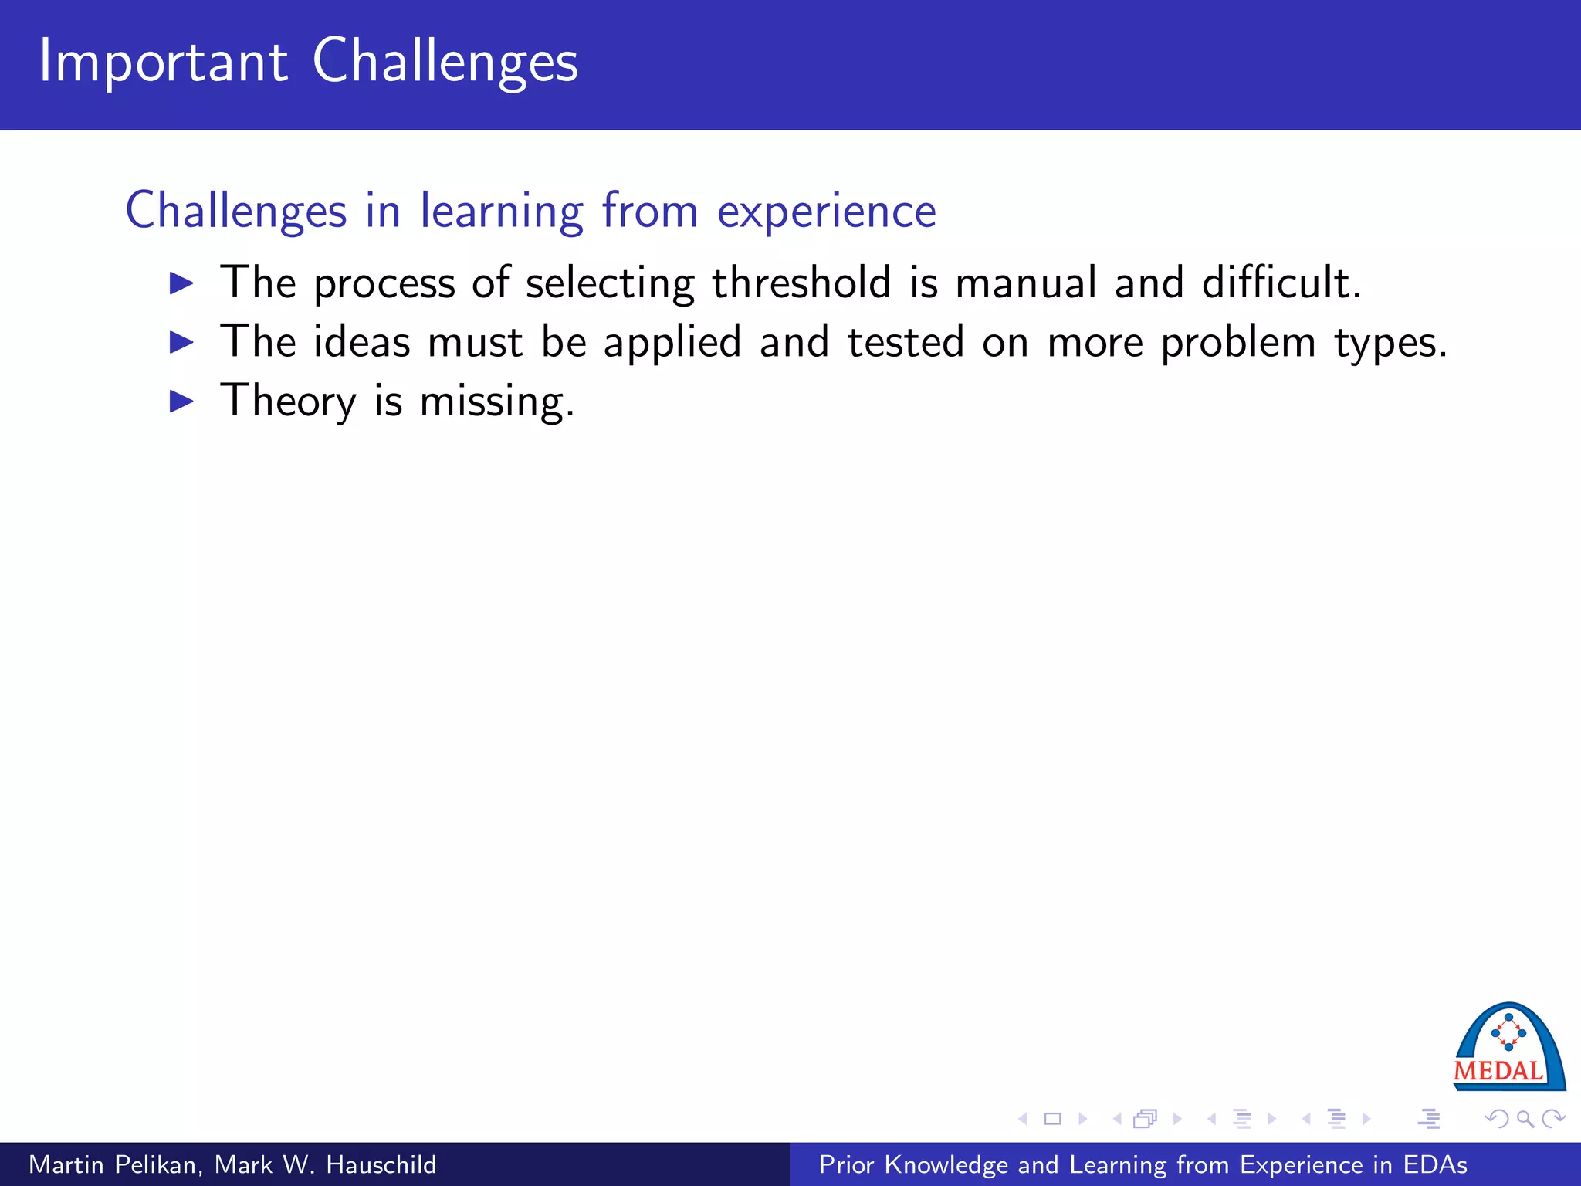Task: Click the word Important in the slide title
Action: (x=163, y=62)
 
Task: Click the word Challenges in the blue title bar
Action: (x=445, y=62)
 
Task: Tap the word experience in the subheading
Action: (x=826, y=211)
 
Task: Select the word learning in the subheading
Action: (x=501, y=211)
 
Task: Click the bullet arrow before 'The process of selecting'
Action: (x=181, y=283)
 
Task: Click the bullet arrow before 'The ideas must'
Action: (x=181, y=342)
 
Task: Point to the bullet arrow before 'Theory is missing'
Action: (x=181, y=402)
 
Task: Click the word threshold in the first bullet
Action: (x=801, y=282)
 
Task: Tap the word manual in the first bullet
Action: (x=1026, y=282)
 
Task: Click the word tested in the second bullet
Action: (x=906, y=342)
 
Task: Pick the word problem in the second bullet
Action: (x=1238, y=342)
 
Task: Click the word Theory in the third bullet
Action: (x=288, y=402)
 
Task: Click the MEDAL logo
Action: (x=1508, y=1047)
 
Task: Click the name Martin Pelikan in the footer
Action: (x=116, y=1164)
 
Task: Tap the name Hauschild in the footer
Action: (x=381, y=1164)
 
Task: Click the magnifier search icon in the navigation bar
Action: (x=1525, y=1119)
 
